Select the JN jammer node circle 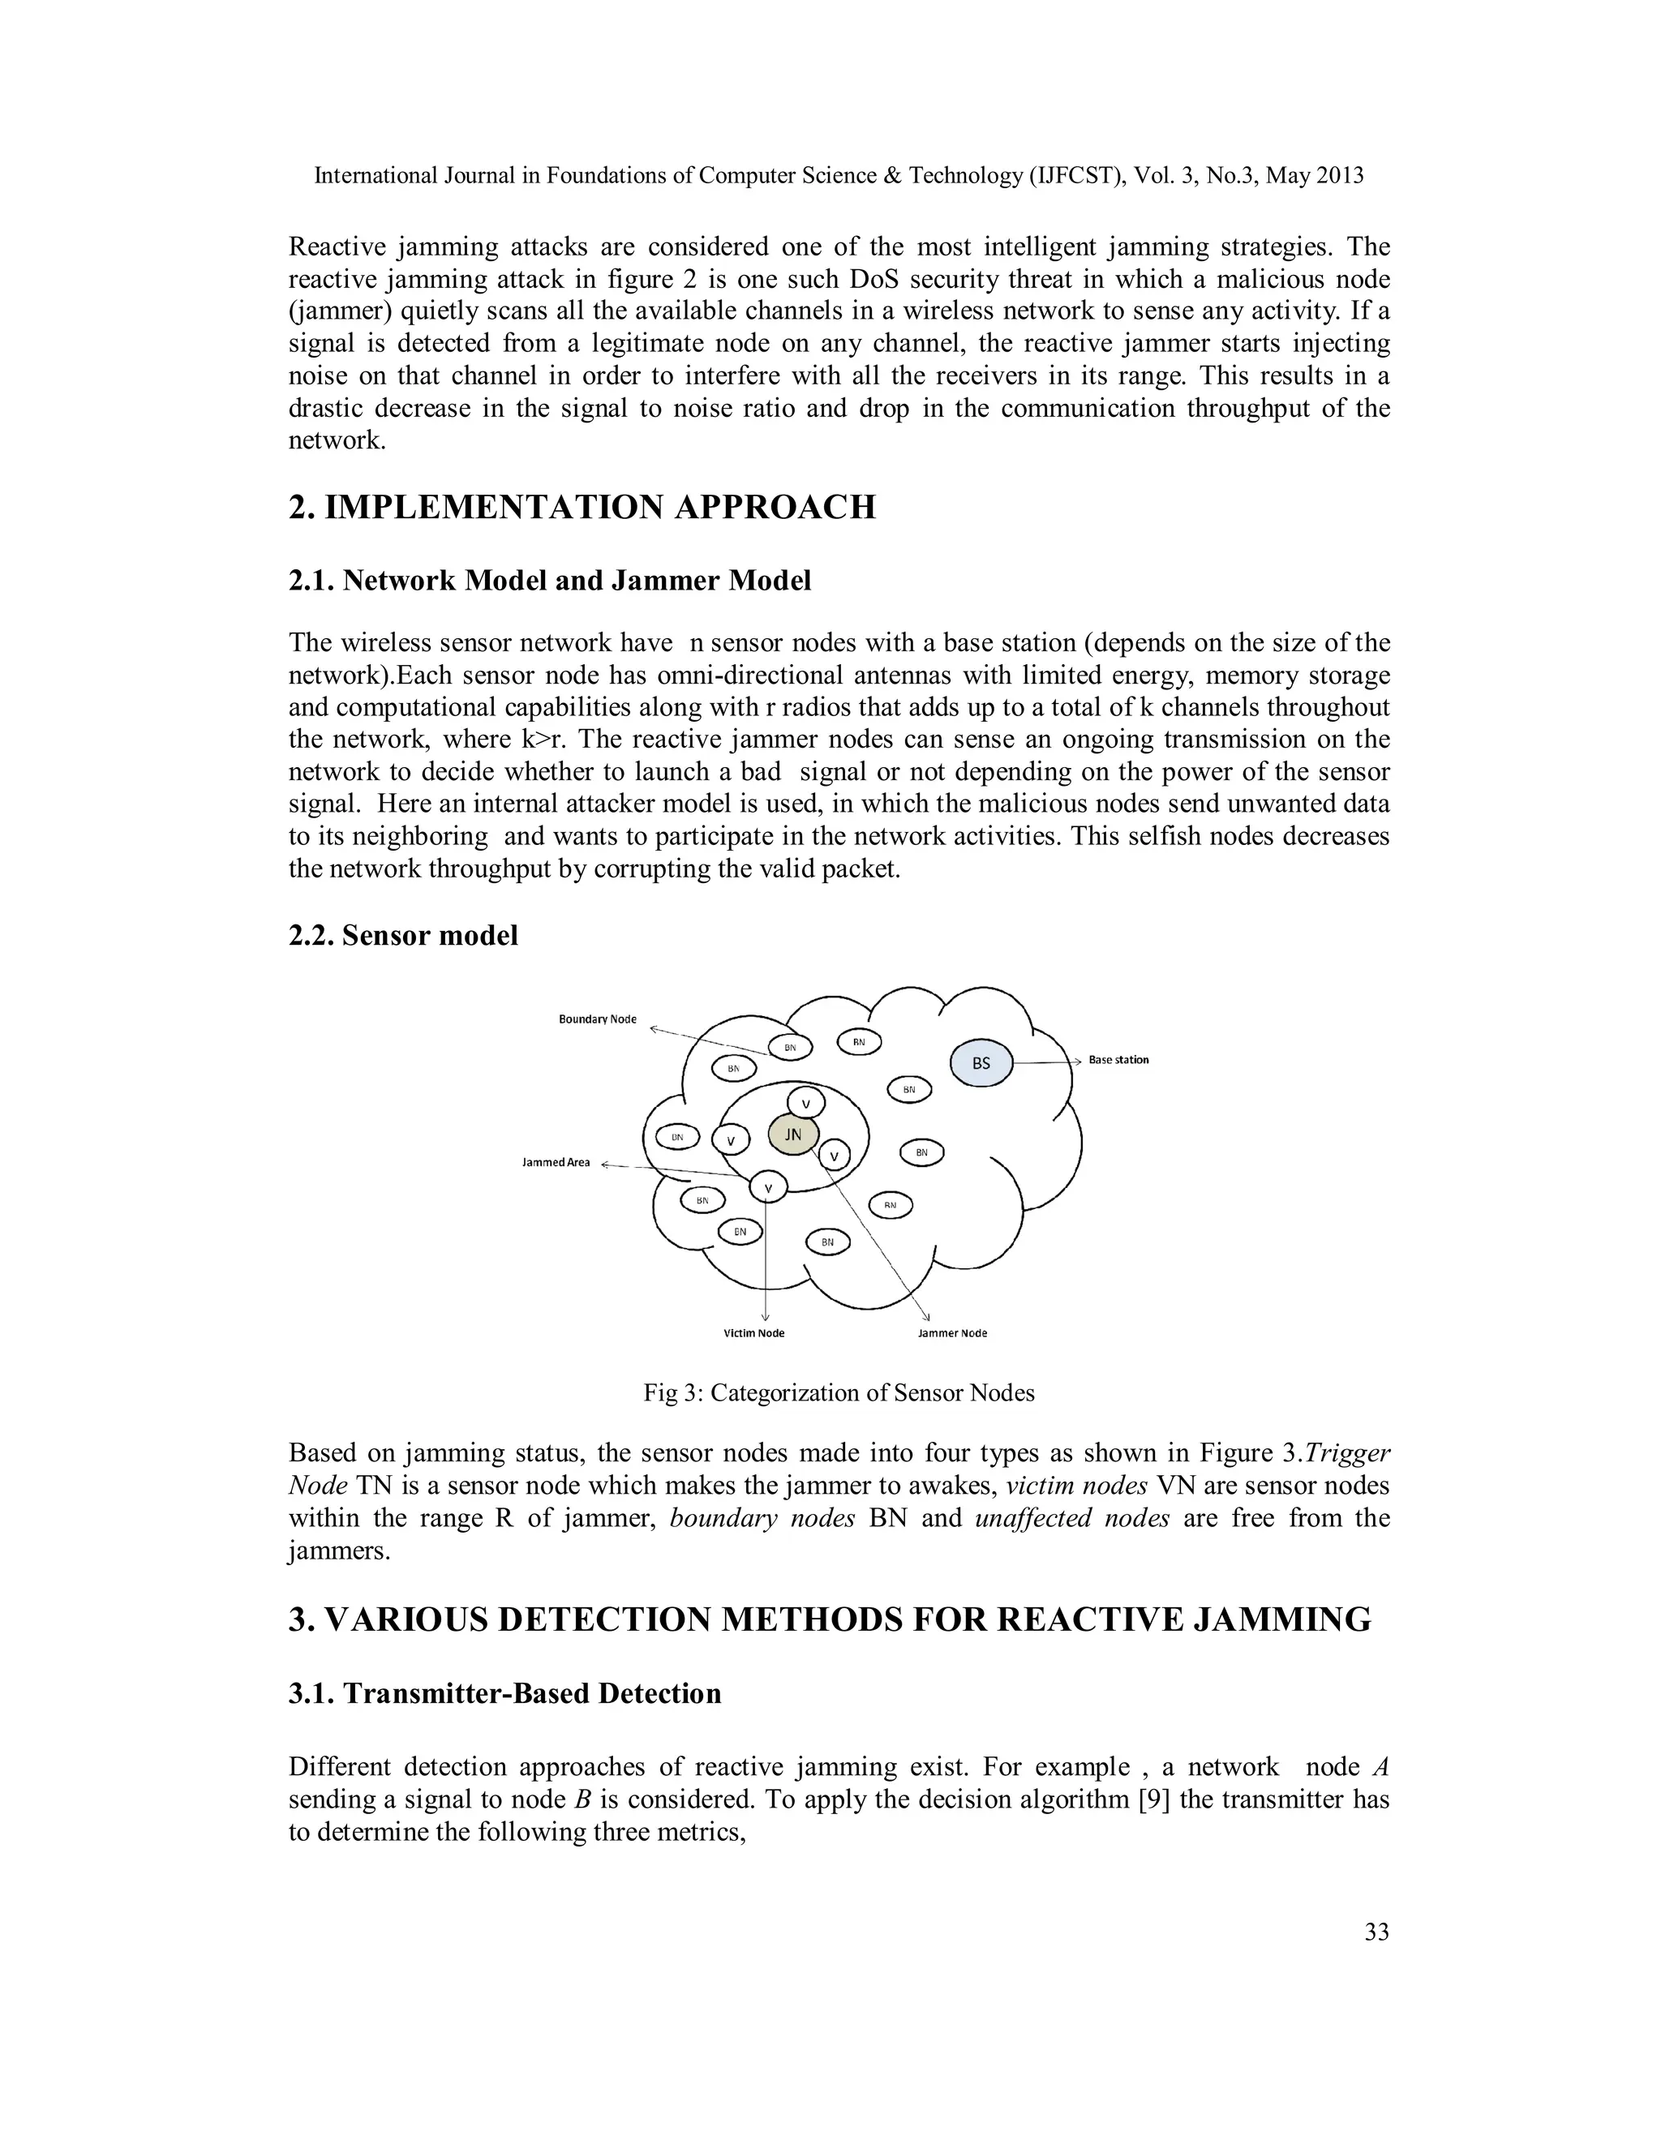click(793, 1135)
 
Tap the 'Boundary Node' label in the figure click(597, 1019)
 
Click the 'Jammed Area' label click(556, 1162)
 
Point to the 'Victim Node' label click(753, 1333)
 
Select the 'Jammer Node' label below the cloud click(951, 1333)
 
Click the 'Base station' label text click(1118, 1060)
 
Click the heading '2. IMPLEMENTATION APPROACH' click(582, 508)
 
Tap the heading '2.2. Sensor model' click(402, 935)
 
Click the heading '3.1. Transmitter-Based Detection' click(504, 1692)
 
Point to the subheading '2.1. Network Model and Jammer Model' click(549, 581)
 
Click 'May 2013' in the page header click(1315, 176)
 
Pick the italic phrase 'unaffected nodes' click(1071, 1518)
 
